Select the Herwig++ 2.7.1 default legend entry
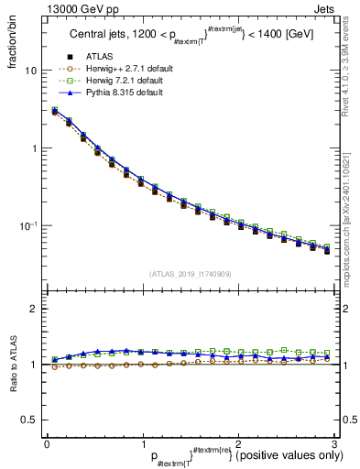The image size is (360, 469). coord(133,70)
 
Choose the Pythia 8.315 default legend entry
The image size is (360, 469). coord(127,93)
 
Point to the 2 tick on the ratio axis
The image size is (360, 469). coord(35,309)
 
